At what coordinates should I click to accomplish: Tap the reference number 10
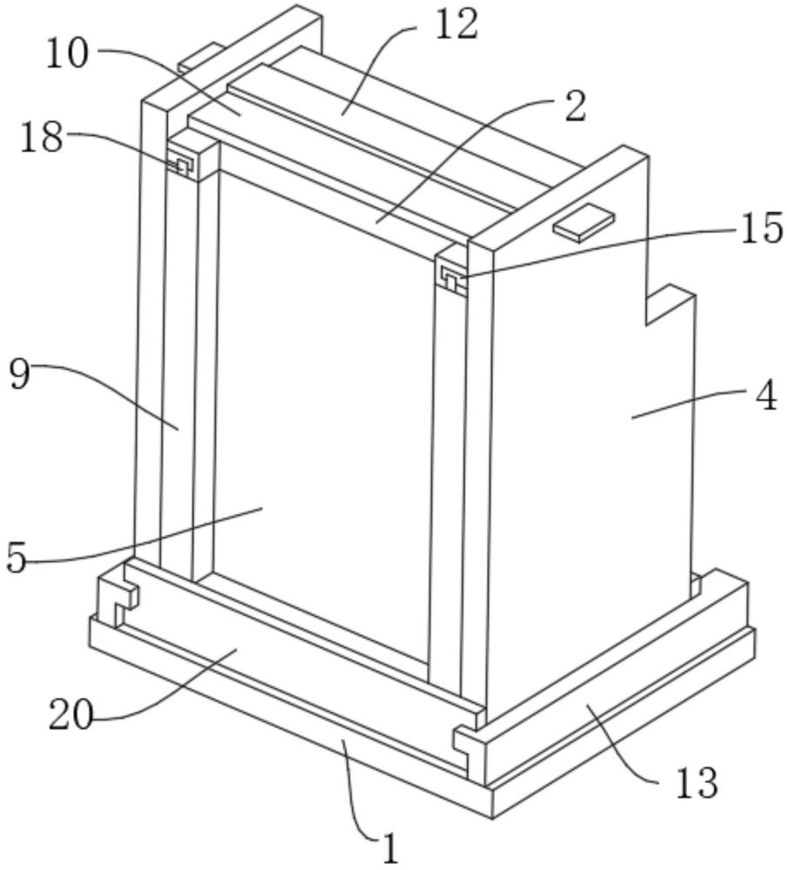click(67, 54)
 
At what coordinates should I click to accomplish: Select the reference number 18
click(41, 137)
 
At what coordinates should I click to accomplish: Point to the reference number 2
click(576, 106)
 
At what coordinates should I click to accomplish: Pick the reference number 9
click(20, 374)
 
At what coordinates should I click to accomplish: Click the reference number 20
click(70, 716)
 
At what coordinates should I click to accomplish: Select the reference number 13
click(697, 782)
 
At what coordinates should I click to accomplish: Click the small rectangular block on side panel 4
click(584, 223)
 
